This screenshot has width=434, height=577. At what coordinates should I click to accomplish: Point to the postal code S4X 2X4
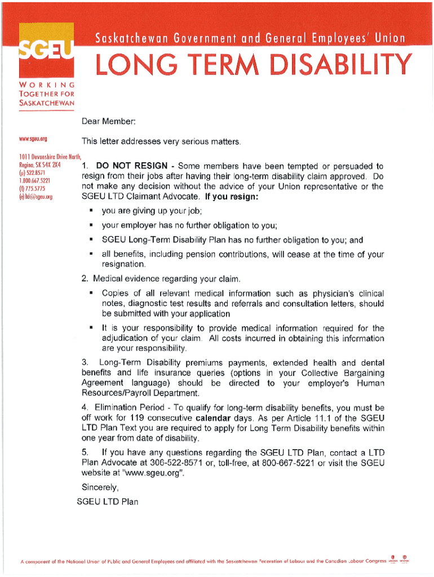[x=50, y=166]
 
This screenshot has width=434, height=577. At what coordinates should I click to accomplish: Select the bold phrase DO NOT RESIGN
[x=131, y=166]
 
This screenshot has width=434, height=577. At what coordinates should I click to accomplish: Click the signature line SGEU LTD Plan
[x=107, y=501]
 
